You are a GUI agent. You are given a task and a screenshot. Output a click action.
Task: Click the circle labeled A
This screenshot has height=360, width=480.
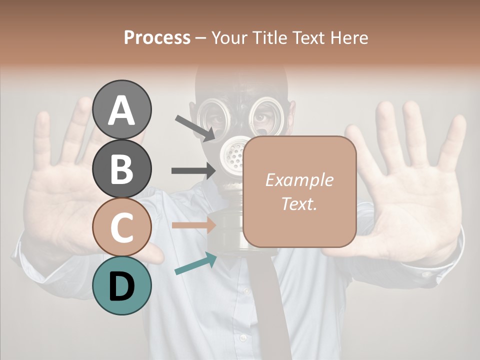click(x=121, y=109)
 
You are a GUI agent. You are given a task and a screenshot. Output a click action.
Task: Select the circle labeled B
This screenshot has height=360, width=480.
click(x=121, y=168)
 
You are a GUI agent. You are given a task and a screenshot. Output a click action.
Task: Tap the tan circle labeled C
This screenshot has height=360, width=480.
click(x=121, y=227)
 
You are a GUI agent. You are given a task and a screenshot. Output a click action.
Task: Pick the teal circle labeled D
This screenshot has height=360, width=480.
click(x=121, y=285)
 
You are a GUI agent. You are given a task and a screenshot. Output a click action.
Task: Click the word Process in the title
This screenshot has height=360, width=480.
click(x=157, y=37)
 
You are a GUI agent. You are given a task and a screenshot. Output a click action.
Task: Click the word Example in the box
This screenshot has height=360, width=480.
click(x=299, y=180)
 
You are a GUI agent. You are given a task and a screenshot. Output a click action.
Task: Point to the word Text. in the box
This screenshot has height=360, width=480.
click(x=299, y=203)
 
